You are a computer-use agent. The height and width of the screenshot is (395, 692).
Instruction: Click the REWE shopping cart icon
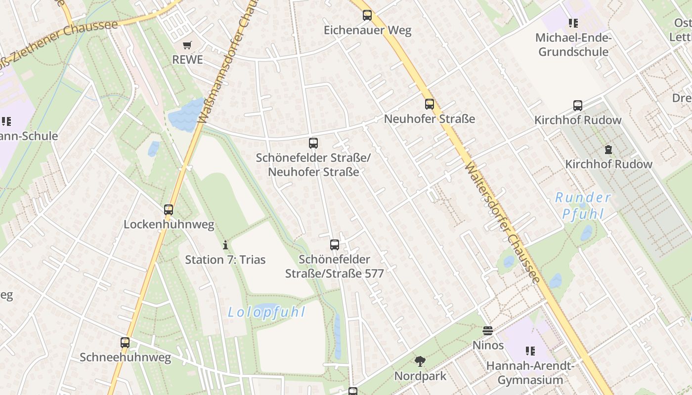[x=187, y=45]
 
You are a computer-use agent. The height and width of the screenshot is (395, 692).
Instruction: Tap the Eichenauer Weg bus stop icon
[x=367, y=15]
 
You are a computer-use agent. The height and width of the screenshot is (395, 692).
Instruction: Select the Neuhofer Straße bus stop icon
[x=430, y=104]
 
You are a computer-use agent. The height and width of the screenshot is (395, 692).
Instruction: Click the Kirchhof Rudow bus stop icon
[x=578, y=105]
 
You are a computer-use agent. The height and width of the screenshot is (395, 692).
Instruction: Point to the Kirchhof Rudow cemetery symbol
[x=608, y=150]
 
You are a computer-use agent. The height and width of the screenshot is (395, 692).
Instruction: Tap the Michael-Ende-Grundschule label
[x=573, y=45]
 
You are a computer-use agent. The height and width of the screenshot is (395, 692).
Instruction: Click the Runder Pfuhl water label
[x=583, y=206]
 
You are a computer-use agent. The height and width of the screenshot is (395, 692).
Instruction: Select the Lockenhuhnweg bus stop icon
[x=169, y=210]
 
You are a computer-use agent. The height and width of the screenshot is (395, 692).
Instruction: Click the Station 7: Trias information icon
[x=225, y=245]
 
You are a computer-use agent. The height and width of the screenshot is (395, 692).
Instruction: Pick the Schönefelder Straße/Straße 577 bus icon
[x=335, y=245]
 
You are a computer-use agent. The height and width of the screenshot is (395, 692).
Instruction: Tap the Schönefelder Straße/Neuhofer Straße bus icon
[x=313, y=143]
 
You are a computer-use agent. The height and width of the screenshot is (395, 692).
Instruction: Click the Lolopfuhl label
[x=266, y=312]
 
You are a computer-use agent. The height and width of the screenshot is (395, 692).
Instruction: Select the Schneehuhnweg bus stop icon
[x=125, y=342]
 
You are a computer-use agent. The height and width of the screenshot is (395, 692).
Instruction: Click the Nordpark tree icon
[x=420, y=361]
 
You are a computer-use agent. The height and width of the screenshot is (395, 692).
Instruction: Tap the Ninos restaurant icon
[x=488, y=330]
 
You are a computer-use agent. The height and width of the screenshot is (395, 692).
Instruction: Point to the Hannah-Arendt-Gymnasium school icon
[x=530, y=351]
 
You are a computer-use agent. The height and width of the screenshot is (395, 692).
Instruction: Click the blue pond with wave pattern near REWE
[x=185, y=117]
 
